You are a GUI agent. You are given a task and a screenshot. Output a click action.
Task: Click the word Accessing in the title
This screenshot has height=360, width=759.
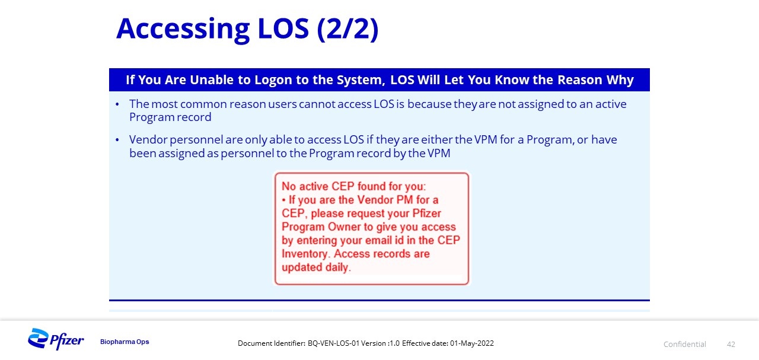(183, 29)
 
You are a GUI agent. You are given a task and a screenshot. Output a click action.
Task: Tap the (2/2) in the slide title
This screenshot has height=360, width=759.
(347, 29)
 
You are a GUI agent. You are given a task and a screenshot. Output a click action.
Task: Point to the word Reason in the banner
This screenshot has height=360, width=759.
(580, 79)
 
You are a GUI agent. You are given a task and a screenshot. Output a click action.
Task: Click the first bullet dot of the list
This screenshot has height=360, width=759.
(117, 104)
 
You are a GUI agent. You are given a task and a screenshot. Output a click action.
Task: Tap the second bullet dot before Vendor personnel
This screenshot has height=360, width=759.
(117, 139)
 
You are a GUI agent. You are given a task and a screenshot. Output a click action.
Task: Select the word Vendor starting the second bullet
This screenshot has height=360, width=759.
(148, 139)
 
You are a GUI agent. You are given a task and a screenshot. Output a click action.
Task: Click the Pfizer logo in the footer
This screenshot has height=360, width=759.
(56, 339)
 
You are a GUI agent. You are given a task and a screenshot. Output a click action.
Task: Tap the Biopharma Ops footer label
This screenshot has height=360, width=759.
(125, 342)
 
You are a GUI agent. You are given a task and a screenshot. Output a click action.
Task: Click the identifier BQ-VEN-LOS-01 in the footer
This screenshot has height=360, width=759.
(333, 343)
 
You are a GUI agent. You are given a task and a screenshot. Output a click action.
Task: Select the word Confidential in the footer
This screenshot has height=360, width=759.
(684, 345)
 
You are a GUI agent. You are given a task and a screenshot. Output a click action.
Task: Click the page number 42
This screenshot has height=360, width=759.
(731, 345)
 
